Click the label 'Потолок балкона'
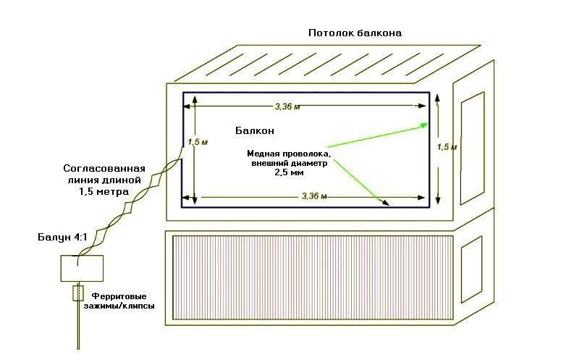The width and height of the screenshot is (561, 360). click(354, 33)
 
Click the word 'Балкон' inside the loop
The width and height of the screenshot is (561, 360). click(255, 131)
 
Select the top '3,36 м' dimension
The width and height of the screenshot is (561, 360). click(287, 106)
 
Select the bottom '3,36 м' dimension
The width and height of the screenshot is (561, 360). click(313, 196)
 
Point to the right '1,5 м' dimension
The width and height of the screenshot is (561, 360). click(447, 146)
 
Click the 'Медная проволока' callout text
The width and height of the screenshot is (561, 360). click(289, 154)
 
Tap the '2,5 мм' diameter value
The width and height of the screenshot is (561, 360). click(288, 173)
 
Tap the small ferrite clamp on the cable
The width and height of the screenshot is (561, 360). click(77, 294)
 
